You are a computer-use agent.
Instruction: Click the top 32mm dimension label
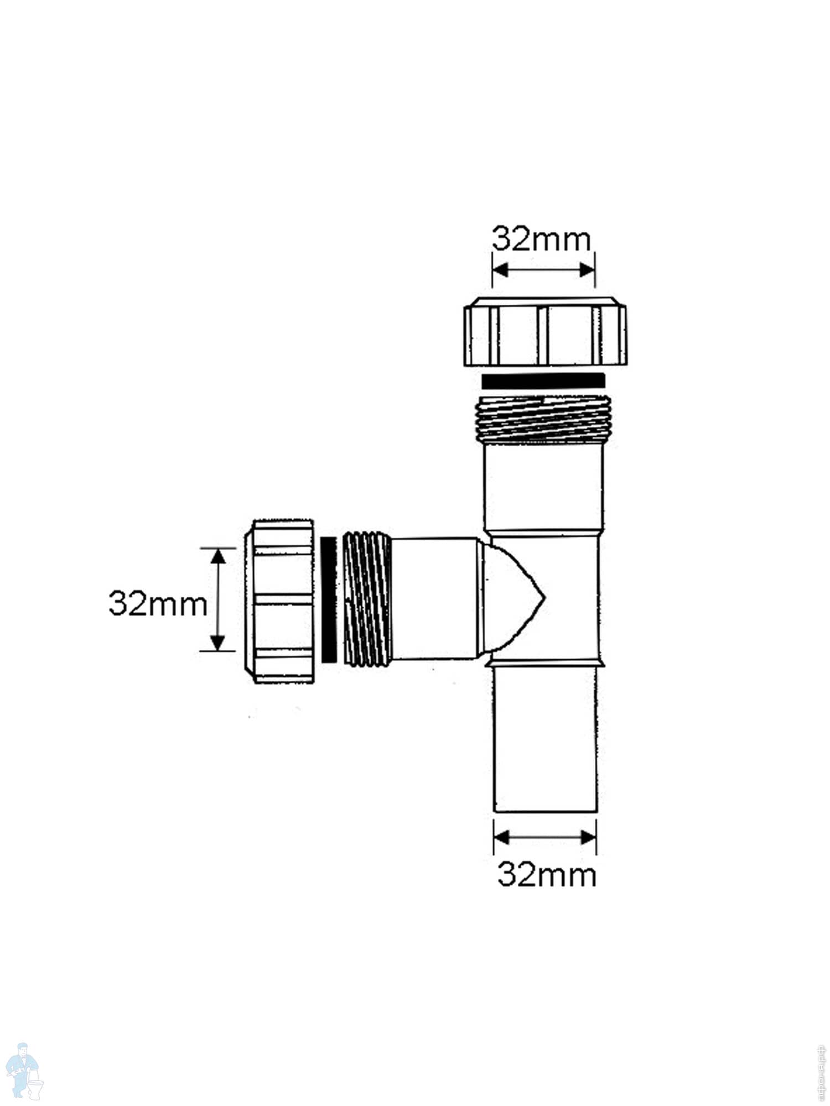point(541,239)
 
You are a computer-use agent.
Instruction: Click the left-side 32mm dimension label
point(158,604)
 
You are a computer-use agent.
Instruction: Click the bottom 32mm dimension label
point(547,875)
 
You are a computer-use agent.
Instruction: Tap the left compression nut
point(279,601)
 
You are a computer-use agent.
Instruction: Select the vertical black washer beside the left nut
point(329,599)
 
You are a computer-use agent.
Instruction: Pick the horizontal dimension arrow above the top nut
point(543,270)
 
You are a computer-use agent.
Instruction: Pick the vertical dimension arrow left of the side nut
point(219,599)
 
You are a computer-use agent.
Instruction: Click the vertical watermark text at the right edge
point(821,1070)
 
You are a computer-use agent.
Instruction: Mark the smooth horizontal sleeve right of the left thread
point(434,598)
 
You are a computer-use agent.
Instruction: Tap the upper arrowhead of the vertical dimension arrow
point(219,556)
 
